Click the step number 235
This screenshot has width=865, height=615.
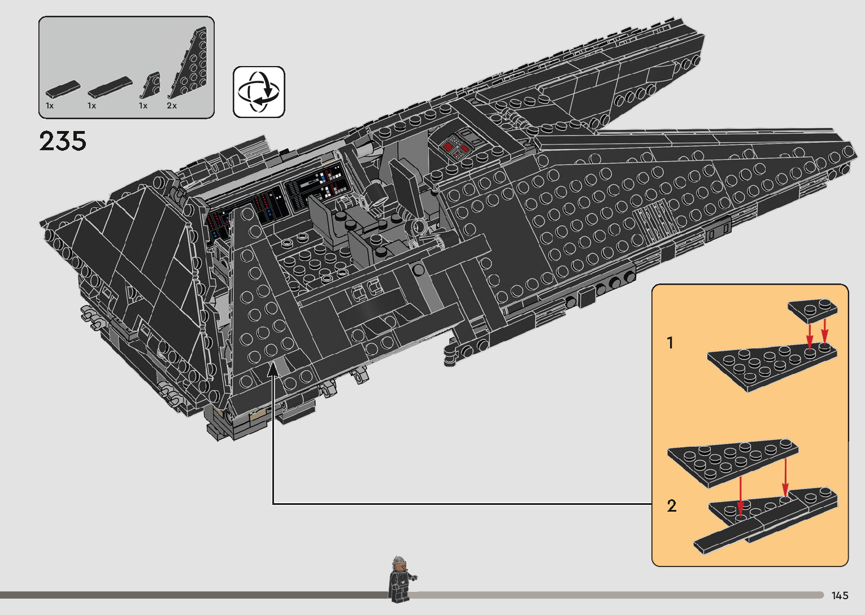[x=63, y=141]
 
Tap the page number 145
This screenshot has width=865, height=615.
[x=840, y=595]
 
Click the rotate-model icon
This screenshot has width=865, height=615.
[x=259, y=92]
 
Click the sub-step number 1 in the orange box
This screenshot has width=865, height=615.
[x=670, y=343]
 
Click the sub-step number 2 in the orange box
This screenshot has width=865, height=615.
[x=671, y=505]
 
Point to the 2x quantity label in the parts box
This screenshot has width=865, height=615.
[x=172, y=106]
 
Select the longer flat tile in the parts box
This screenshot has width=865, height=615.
[x=110, y=86]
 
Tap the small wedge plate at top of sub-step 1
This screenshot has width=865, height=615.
[x=813, y=310]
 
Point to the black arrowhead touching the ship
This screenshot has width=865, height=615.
[x=273, y=369]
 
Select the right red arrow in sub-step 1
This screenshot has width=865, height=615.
[x=825, y=331]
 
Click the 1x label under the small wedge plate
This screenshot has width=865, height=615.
[x=143, y=106]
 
